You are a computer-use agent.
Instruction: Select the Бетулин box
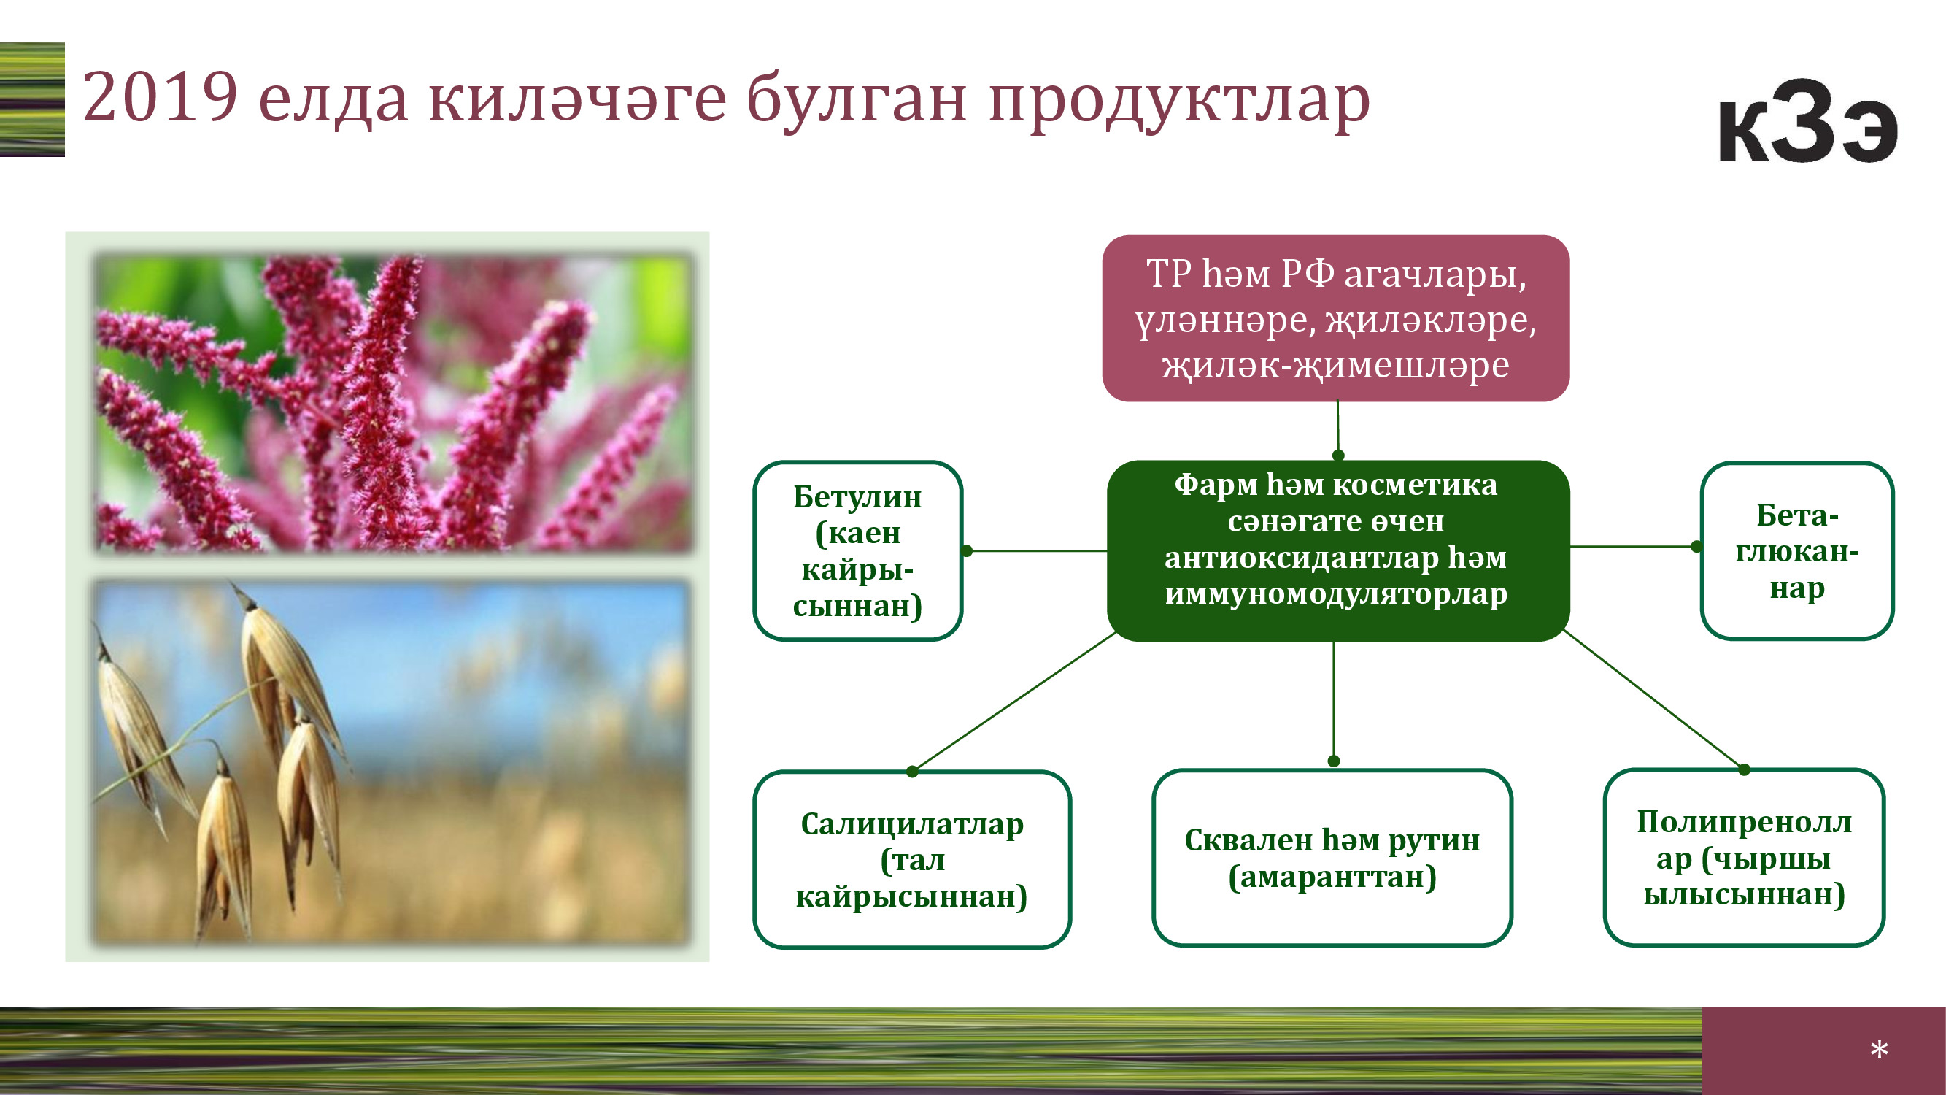pos(858,551)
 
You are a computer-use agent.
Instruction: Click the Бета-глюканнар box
pos(1797,551)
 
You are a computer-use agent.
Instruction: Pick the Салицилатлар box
pos(912,859)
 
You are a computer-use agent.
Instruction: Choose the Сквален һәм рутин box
pos(1332,858)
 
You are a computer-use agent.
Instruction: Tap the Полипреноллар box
pos(1745,858)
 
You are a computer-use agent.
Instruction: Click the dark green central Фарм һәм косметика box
pos(1338,551)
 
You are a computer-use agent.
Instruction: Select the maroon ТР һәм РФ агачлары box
pos(1335,318)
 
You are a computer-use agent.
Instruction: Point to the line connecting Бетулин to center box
pos(1036,551)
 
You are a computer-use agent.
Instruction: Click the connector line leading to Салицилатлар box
pos(1013,702)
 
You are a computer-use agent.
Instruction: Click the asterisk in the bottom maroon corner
pos(1879,1049)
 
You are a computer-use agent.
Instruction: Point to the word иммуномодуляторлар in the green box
pos(1335,594)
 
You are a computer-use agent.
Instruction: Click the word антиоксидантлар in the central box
pos(1301,558)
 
